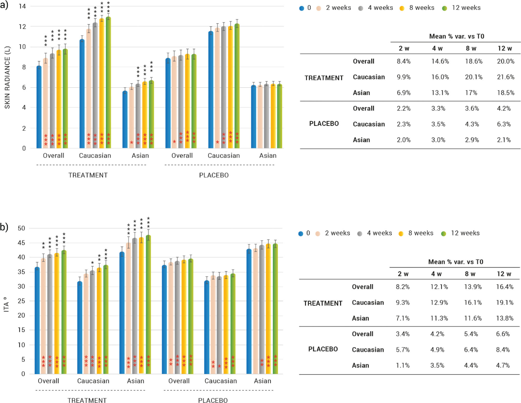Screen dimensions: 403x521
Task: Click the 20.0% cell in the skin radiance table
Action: point(505,61)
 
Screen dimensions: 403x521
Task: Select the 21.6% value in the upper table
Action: point(505,77)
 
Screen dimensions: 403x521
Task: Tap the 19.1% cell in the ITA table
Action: point(504,303)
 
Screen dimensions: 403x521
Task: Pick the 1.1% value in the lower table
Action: point(402,365)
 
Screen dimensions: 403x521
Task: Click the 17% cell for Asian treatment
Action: point(471,93)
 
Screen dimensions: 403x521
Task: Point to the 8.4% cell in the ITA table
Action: point(503,350)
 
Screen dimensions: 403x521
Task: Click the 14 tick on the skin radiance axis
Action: point(23,6)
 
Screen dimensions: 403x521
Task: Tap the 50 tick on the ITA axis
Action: point(21,228)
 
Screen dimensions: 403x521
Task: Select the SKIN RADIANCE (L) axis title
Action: point(7,77)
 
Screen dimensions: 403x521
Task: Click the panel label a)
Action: point(4,5)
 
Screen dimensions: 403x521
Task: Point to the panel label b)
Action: point(4,227)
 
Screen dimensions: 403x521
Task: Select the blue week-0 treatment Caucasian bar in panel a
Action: point(82,93)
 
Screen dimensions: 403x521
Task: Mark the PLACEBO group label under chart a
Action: point(214,175)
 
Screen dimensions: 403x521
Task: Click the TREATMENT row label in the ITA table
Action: point(323,303)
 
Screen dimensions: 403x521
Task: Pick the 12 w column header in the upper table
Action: point(504,48)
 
